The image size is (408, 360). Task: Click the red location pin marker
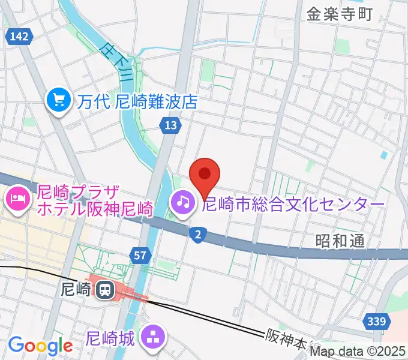point(205,175)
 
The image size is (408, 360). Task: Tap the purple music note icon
point(182,202)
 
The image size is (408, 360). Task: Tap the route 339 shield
point(375,322)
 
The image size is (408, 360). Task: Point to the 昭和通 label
point(340,241)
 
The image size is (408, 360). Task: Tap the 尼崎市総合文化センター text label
point(293,205)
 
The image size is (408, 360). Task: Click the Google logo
point(40,346)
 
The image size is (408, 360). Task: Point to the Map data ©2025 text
point(358,352)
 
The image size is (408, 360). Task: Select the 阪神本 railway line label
point(287,339)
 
